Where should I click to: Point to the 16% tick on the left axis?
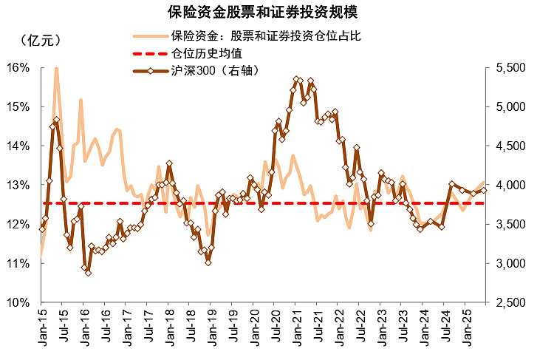click(18, 67)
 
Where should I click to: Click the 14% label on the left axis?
click(18, 146)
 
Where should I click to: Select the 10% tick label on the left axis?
click(18, 302)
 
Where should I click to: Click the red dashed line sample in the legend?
click(149, 53)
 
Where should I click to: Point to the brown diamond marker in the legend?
click(149, 71)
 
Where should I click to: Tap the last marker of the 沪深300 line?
click(485, 190)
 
